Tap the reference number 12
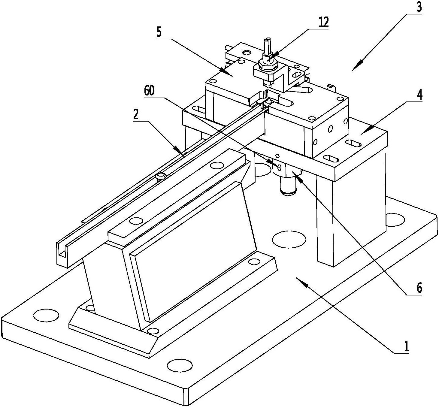coord(324,22)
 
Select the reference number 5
coord(159,32)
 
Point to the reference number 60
coord(149,91)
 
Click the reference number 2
coord(136,115)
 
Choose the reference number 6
coord(419,288)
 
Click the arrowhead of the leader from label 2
coord(180,152)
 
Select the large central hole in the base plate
coord(289,239)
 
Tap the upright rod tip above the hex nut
coord(267,41)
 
